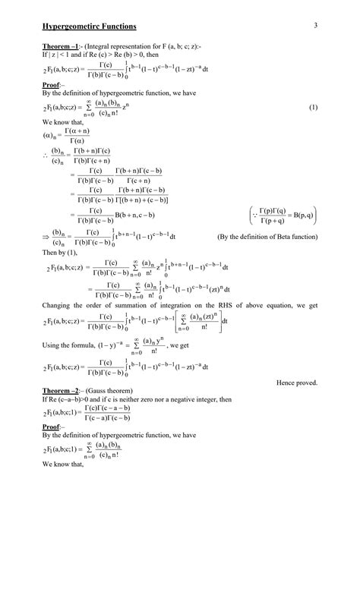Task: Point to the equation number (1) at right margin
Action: [313, 109]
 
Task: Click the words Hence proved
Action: [297, 383]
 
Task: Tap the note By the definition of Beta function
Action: [267, 237]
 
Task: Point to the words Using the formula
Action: [68, 345]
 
